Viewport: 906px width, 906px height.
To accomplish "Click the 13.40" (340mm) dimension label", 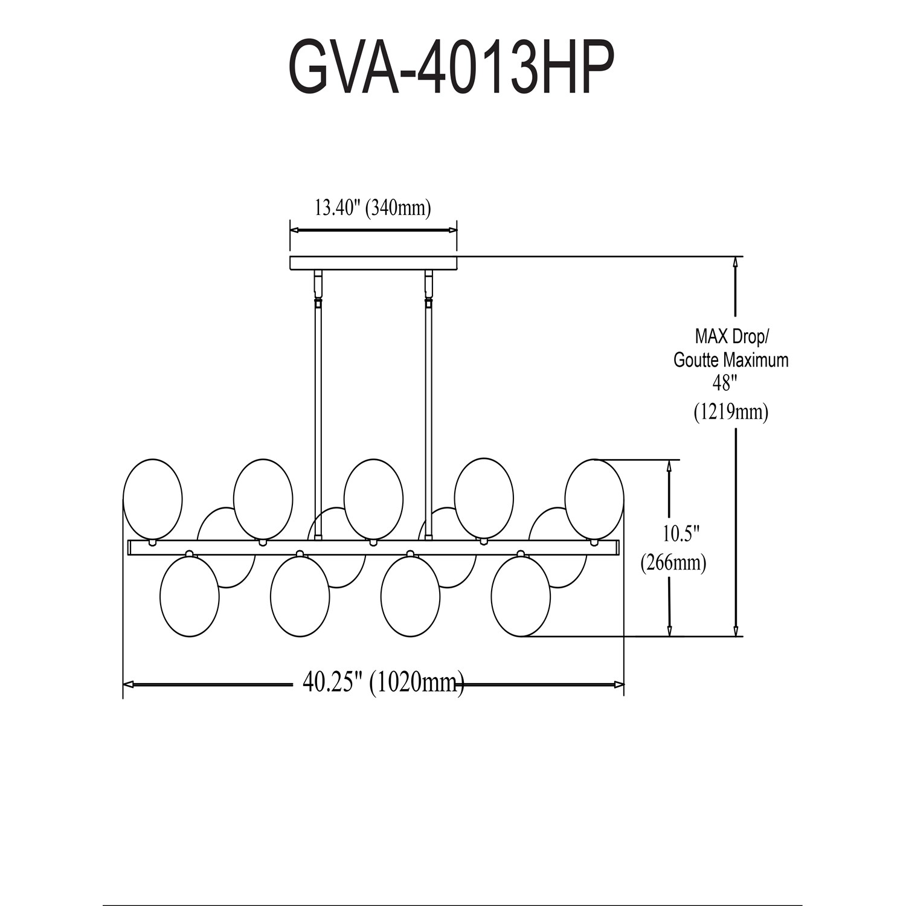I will click(372, 208).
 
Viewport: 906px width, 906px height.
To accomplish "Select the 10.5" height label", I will click(681, 534).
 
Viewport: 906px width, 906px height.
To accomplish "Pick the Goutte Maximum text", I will click(731, 360).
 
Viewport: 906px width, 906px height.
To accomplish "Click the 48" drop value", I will click(722, 384).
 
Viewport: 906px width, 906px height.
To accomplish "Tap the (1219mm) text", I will click(731, 412).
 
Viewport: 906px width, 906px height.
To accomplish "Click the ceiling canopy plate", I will click(373, 263).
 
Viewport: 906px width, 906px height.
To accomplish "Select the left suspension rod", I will click(318, 411).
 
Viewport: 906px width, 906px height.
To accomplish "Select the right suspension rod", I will click(429, 411).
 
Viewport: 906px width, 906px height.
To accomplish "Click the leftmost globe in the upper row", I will click(152, 499).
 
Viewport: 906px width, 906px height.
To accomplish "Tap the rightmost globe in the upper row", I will click(594, 499).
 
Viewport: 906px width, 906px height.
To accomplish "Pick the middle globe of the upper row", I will click(373, 499).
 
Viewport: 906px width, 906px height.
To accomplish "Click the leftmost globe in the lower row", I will click(190, 596).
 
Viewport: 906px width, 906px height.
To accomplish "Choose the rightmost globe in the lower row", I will click(521, 596).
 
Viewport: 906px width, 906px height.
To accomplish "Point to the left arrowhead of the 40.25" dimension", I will click(128, 684).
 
